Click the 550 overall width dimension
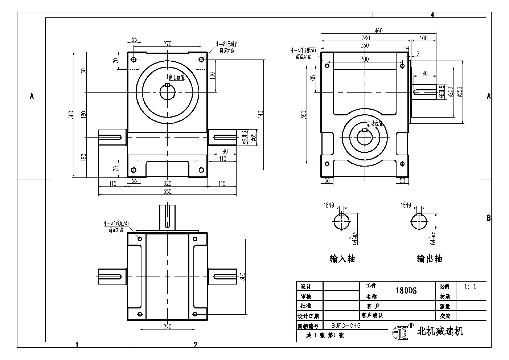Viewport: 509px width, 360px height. coord(167,192)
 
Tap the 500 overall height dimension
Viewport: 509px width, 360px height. coord(71,115)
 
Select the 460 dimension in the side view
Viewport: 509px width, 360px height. coord(378,31)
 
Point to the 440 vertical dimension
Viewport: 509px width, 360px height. coord(260,115)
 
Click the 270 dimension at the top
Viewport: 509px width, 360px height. coord(167,44)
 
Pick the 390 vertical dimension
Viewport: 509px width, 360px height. coord(304,115)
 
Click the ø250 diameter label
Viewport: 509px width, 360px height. coord(460,92)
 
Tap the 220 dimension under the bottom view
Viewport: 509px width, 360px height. coord(167,327)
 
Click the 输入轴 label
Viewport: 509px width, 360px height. coord(342,259)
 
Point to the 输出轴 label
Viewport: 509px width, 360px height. coord(430,259)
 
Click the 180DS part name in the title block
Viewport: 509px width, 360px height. coord(406,290)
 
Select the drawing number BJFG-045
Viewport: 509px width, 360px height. coord(346,326)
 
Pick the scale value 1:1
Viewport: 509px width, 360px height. coord(470,286)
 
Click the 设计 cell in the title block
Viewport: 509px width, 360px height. coord(304,287)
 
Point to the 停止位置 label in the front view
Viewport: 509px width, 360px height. coord(177,77)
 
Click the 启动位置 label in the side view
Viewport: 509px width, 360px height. coord(374,124)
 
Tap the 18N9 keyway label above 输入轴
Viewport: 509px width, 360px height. coord(329,205)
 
